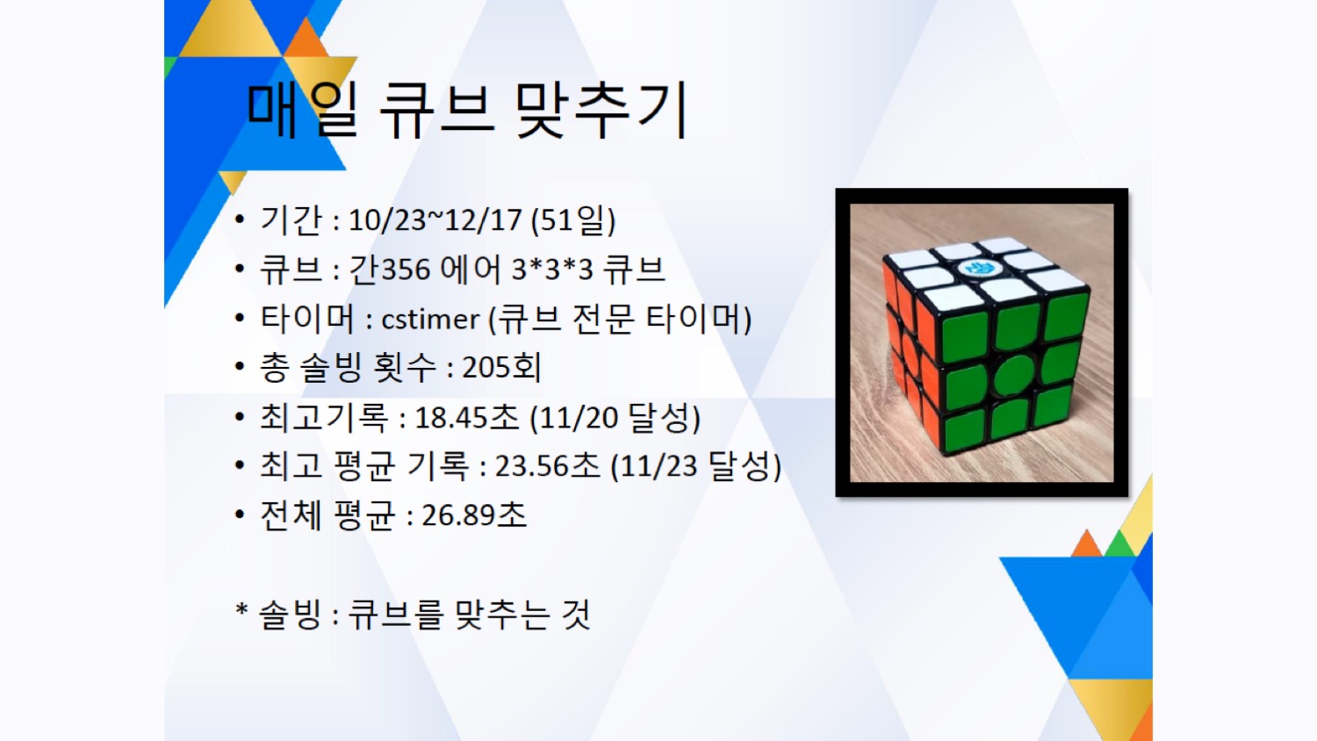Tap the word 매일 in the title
click(x=302, y=112)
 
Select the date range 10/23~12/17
click(x=435, y=220)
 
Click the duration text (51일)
click(x=573, y=220)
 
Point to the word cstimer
click(x=430, y=319)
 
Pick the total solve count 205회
click(x=501, y=368)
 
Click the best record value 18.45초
click(x=466, y=418)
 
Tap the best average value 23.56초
click(x=547, y=466)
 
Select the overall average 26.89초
click(x=474, y=515)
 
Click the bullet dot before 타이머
click(x=240, y=319)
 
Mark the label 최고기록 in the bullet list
click(x=323, y=418)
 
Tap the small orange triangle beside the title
click(x=306, y=39)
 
